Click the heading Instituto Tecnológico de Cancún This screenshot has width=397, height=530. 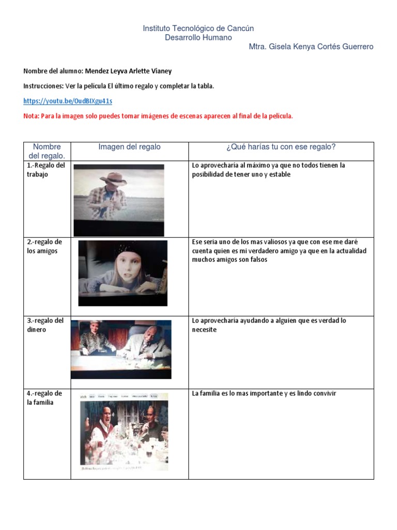tap(198, 28)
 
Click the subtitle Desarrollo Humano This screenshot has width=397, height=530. tap(198, 38)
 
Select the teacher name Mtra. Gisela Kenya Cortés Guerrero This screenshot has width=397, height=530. tap(311, 47)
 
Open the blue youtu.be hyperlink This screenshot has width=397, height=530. tap(68, 101)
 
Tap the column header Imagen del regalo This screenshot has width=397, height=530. tap(129, 147)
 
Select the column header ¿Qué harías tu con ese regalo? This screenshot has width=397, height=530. tap(281, 147)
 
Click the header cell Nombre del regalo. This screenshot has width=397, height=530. tap(47, 151)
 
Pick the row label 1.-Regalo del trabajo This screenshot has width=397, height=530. tap(45, 170)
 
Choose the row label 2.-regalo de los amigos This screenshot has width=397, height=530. tap(44, 246)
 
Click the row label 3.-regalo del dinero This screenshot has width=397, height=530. tap(45, 325)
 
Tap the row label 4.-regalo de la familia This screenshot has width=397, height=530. tap(44, 398)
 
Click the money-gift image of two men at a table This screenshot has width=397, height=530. tap(121, 349)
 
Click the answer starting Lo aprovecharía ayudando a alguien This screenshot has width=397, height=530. tap(269, 325)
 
